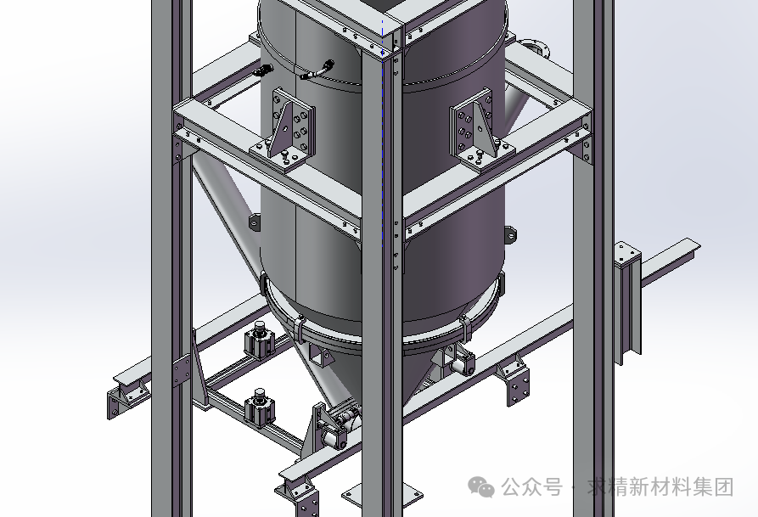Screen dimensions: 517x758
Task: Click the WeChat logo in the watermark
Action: click(x=482, y=486)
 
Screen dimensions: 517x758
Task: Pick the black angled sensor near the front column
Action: click(x=318, y=70)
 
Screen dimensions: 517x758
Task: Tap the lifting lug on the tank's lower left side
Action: click(x=255, y=223)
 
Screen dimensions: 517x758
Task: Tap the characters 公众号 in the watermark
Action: click(x=531, y=487)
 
